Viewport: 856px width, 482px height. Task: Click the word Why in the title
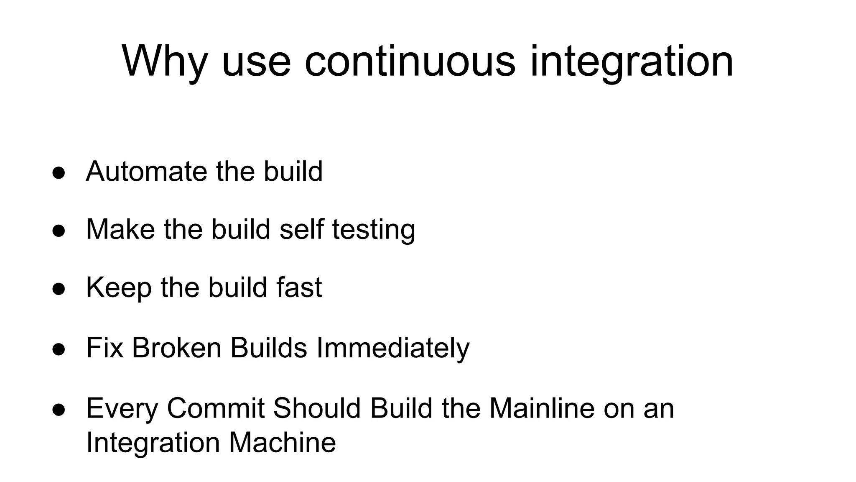pos(164,62)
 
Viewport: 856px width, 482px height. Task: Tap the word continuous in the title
pos(410,62)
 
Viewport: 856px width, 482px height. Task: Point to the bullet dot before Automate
pos(59,173)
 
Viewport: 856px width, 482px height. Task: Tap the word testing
pos(374,229)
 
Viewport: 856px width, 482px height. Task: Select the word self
pos(301,229)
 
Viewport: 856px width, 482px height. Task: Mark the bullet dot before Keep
pos(59,289)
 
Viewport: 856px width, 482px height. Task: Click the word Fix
pos(104,348)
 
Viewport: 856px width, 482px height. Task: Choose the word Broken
pos(176,348)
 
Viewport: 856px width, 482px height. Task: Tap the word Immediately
pos(393,348)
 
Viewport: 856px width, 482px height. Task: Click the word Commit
pos(216,408)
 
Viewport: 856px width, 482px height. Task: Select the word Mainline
pos(542,408)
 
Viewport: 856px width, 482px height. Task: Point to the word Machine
pos(282,442)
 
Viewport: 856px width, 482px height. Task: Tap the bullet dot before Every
pos(59,410)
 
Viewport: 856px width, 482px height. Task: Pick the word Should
pos(317,408)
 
